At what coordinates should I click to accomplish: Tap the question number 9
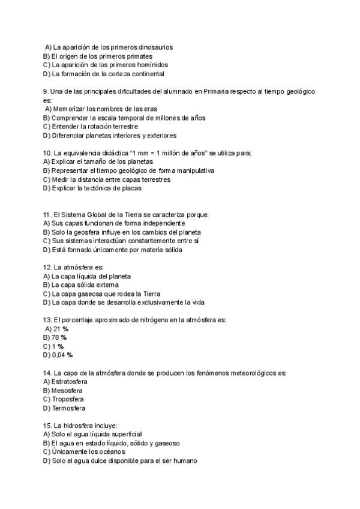(x=37, y=91)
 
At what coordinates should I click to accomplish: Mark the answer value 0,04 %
(x=62, y=355)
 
